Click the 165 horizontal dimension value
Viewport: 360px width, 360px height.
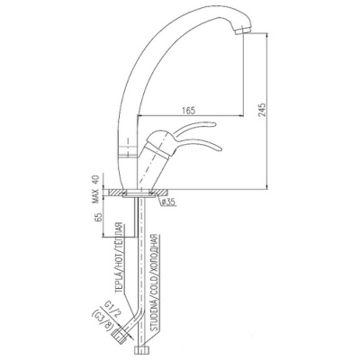(189, 110)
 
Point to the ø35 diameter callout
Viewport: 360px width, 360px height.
(168, 202)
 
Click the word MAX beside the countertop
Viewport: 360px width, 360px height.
(95, 196)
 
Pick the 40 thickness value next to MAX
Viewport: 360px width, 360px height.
(95, 181)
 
